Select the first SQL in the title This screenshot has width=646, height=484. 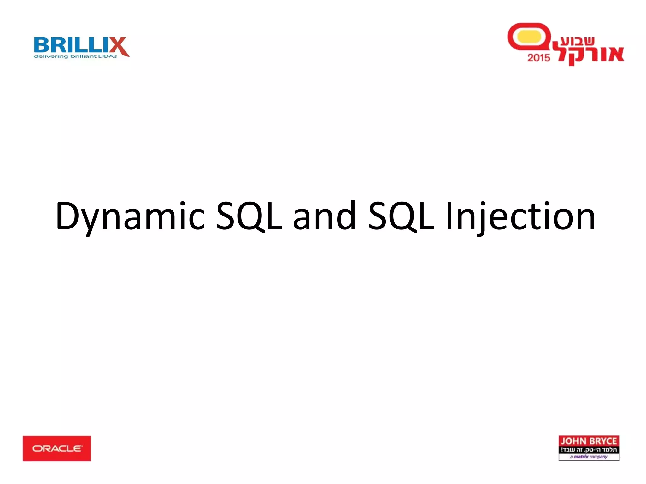coord(249,216)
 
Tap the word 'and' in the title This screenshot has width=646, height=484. coord(324,216)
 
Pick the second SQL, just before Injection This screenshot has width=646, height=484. coord(401,216)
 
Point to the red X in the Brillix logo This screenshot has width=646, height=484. coord(119,46)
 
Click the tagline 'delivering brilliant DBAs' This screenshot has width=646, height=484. coord(75,56)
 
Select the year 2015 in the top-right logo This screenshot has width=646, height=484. coord(539,58)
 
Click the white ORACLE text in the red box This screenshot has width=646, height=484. coord(57,448)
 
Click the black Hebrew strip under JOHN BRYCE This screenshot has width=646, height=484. coord(589,449)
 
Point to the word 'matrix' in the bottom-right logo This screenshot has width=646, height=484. coord(581,457)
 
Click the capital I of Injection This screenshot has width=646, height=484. coord(449,216)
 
